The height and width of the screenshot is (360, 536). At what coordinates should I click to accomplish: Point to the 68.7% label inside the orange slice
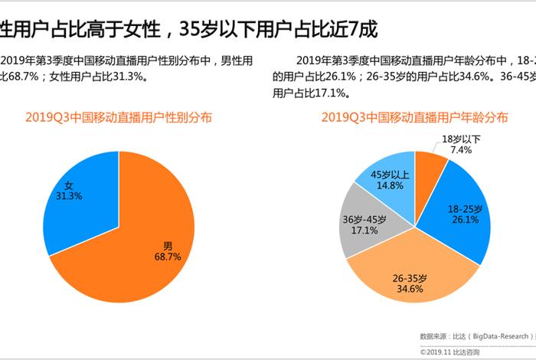point(168,257)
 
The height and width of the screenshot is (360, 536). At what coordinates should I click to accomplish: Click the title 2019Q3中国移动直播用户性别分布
point(119,118)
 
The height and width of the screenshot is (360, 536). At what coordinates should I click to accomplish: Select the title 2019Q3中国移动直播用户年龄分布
point(414,118)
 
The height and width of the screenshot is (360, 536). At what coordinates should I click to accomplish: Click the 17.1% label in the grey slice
point(364,230)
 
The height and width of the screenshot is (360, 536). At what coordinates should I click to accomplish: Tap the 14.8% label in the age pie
point(390,185)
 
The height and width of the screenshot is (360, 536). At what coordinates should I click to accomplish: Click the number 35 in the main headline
point(189,29)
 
